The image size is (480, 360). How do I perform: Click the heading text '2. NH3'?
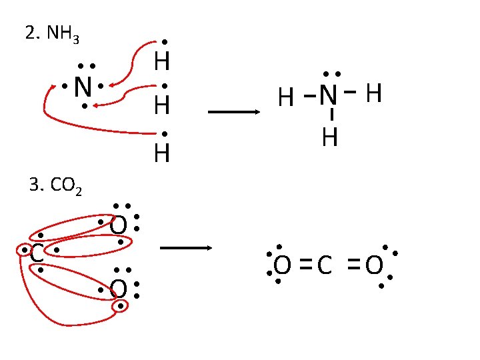pyautogui.click(x=52, y=34)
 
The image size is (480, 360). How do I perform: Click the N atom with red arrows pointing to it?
pyautogui.click(x=82, y=87)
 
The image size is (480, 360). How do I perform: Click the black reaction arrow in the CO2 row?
pyautogui.click(x=186, y=249)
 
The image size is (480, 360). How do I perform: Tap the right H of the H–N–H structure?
pyautogui.click(x=374, y=94)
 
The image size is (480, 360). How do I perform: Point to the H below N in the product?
pyautogui.click(x=329, y=138)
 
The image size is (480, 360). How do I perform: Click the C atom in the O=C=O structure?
pyautogui.click(x=325, y=266)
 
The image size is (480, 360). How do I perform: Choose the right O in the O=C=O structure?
pyautogui.click(x=374, y=266)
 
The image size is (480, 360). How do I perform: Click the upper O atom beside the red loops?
pyautogui.click(x=118, y=227)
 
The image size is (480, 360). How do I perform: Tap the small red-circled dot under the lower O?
pyautogui.click(x=121, y=306)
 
